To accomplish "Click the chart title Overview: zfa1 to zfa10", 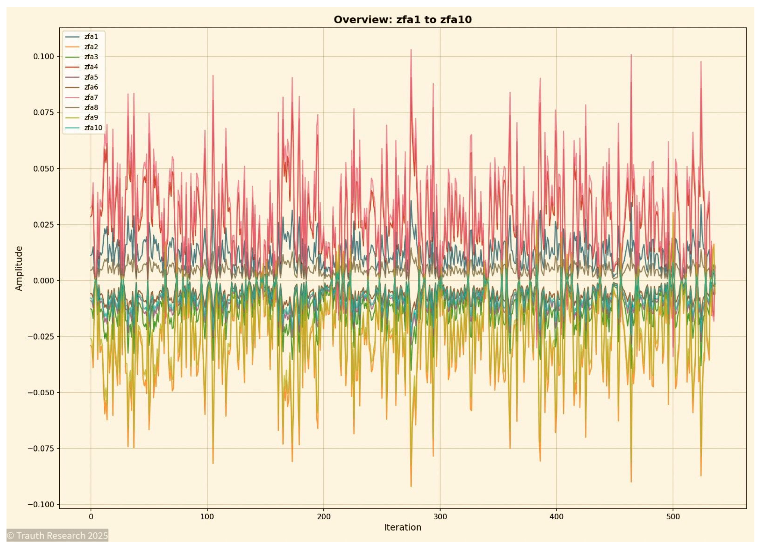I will click(x=402, y=19).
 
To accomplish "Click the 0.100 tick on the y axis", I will click(x=43, y=56).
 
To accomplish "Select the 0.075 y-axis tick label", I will click(x=43, y=112).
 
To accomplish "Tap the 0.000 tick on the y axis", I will click(x=43, y=280).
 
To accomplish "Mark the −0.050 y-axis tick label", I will click(x=41, y=392).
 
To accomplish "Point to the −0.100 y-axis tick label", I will click(x=41, y=504).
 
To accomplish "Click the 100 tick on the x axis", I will click(x=207, y=516).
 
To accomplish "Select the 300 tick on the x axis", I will click(x=440, y=516).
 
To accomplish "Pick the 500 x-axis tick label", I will click(x=673, y=516).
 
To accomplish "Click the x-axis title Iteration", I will click(x=402, y=527).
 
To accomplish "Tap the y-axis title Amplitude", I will click(x=19, y=268).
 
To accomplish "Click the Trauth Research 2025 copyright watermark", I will click(x=57, y=535).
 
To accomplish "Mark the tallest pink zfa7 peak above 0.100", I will click(x=411, y=50).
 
